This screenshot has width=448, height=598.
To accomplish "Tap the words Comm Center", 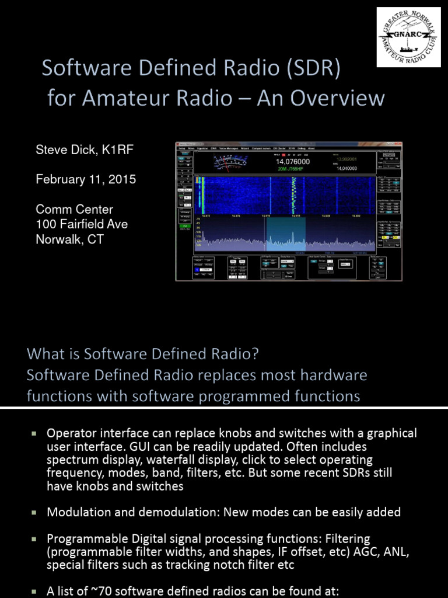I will [75, 209].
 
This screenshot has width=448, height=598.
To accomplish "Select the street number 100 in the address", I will [45, 224].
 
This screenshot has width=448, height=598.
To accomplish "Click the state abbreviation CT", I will [94, 239].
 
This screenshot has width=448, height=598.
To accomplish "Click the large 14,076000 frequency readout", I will [292, 162].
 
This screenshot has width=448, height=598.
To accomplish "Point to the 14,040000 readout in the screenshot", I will [346, 168].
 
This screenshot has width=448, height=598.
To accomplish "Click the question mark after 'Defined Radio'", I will [254, 354].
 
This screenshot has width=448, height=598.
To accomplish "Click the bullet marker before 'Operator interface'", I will [34, 433].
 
